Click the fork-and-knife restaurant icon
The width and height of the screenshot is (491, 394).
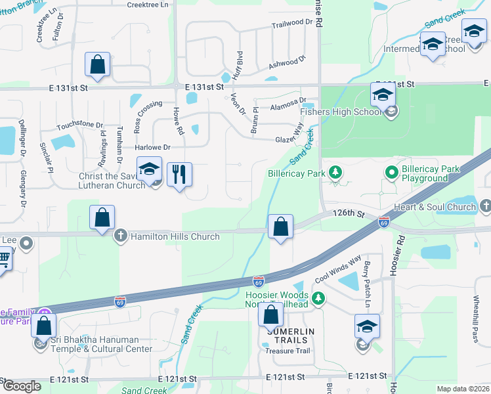point(179,175)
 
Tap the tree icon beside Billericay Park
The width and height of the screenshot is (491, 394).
point(335,173)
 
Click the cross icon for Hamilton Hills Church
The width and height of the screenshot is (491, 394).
point(120,236)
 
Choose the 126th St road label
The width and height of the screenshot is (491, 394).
point(348,213)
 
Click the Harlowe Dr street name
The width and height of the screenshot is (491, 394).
point(153,148)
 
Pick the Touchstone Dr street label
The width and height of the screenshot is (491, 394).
point(80,125)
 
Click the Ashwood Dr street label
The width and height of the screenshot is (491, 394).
point(288,63)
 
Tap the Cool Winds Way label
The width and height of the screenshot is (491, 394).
point(338,269)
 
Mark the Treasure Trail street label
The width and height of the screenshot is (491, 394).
point(287,351)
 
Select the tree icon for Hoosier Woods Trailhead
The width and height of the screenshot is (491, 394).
point(318,299)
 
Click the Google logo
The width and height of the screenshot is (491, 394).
point(21,387)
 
